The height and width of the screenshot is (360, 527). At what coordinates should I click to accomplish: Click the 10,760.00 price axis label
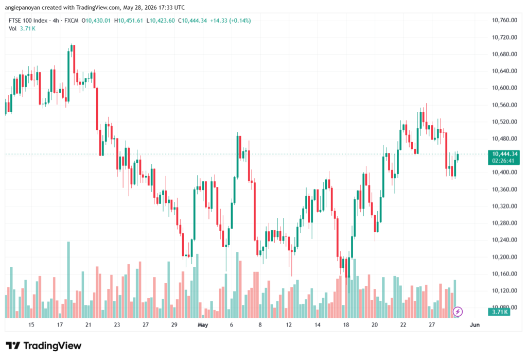point(504,20)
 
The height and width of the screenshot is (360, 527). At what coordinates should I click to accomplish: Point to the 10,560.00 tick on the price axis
point(504,105)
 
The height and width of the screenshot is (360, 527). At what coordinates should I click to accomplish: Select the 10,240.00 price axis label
point(504,240)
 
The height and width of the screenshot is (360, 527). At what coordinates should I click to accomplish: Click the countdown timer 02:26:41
point(503,161)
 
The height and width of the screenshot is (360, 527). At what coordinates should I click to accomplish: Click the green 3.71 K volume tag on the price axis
point(499,312)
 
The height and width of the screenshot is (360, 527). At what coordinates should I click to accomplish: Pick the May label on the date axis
point(203,324)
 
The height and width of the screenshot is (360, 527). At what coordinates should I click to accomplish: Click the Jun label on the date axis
point(475,324)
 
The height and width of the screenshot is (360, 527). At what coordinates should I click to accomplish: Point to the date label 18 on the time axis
point(346,324)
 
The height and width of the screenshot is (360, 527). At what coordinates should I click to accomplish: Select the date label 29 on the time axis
point(174,324)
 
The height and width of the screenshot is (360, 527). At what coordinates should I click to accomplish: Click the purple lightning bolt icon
point(458,312)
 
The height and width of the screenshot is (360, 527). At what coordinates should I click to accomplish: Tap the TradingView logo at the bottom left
point(44,346)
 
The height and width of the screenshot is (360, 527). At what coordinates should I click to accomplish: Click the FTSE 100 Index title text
point(28,21)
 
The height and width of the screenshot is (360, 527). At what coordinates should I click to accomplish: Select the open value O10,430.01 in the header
point(96,21)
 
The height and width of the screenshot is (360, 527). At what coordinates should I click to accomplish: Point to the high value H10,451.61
point(128,21)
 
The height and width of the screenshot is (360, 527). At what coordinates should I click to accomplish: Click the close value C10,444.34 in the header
point(192,21)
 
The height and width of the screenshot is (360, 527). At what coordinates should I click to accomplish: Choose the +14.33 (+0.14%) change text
point(230,21)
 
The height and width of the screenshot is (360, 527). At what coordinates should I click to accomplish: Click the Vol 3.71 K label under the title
point(22,29)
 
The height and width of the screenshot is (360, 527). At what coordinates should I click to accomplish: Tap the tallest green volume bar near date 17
point(68,280)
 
